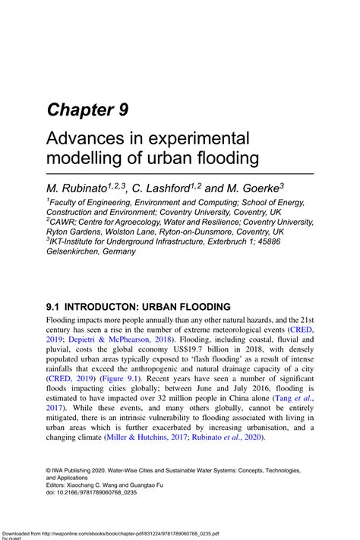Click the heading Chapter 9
[87, 109]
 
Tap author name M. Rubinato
[76, 187]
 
